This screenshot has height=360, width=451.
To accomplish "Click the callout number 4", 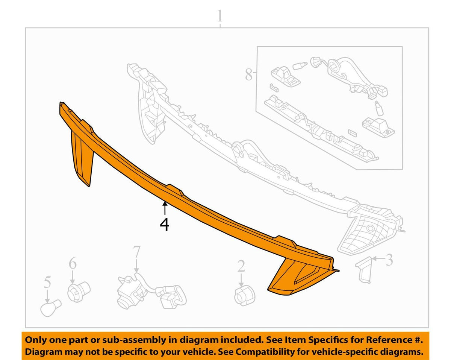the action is coord(165,225).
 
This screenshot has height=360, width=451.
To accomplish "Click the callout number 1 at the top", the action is coord(219,16).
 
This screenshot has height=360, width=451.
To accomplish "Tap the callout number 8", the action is coord(249,74).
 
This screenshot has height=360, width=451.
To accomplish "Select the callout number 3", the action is coord(389,260).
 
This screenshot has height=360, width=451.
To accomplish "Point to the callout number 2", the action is coord(241,266).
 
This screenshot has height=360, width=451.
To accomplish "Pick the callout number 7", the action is coord(136,252).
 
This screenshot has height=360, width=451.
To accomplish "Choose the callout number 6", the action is coord(73,264).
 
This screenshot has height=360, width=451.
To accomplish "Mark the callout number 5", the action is coord(47,282).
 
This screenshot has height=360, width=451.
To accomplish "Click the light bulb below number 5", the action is coord(50,308).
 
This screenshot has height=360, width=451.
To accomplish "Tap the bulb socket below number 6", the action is coord(79,292).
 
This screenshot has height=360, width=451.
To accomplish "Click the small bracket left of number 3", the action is coord(363,269).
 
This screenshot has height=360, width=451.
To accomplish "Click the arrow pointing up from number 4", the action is coord(165,208).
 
